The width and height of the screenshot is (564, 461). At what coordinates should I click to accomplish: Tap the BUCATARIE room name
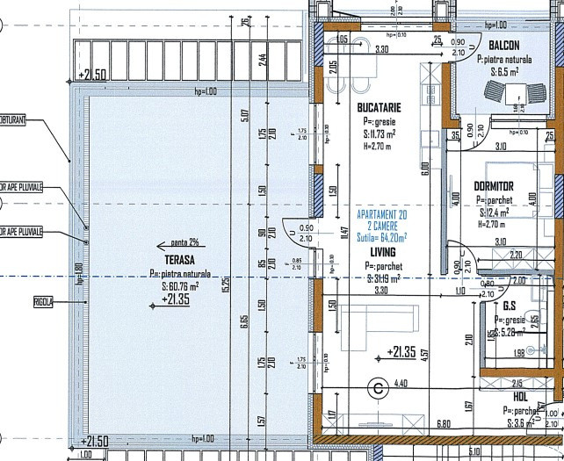(x=379, y=107)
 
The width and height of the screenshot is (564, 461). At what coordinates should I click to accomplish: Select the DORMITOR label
(x=494, y=186)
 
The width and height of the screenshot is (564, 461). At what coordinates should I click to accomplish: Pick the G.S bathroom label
(x=510, y=307)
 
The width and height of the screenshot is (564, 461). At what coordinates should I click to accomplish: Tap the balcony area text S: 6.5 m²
(x=507, y=71)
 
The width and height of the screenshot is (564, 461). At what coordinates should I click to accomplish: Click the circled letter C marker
(x=379, y=385)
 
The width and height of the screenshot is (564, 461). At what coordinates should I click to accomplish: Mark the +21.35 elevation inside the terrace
(x=176, y=299)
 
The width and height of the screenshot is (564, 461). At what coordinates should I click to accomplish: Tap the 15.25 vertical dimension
(x=250, y=283)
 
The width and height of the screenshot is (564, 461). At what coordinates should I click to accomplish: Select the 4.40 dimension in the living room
(x=401, y=383)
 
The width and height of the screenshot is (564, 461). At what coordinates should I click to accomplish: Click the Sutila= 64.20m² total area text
(x=381, y=237)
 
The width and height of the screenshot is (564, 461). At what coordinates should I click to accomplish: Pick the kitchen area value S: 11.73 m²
(x=379, y=135)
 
